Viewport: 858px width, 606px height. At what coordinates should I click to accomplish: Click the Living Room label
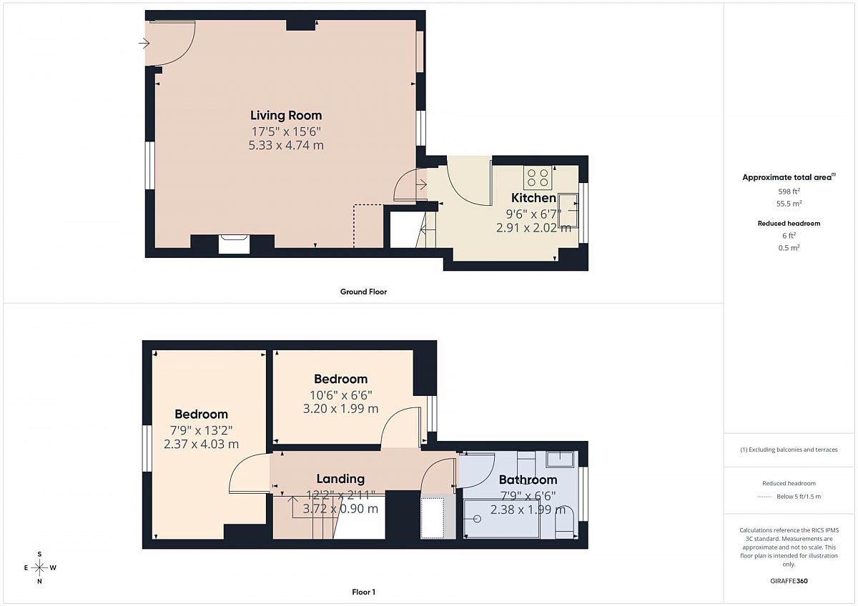click(x=286, y=115)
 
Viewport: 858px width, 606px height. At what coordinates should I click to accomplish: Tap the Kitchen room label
click(x=533, y=198)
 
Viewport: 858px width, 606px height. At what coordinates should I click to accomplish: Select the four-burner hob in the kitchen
click(x=538, y=178)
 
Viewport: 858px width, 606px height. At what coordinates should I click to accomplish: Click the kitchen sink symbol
click(x=568, y=211)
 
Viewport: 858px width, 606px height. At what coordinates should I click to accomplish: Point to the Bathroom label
click(x=528, y=480)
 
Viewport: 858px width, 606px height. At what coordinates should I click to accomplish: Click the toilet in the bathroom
click(x=565, y=522)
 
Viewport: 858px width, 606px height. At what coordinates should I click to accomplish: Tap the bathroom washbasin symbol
click(x=560, y=460)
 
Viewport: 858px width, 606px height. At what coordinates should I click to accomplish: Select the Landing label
click(x=340, y=479)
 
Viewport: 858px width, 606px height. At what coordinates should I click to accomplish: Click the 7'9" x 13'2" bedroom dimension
click(x=201, y=431)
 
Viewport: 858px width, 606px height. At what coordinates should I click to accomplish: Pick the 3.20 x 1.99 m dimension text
click(x=340, y=409)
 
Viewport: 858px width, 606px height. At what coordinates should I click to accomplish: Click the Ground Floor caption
click(x=363, y=292)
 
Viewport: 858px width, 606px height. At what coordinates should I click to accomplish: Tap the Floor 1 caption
click(x=363, y=592)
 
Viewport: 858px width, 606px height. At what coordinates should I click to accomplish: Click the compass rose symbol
click(x=39, y=567)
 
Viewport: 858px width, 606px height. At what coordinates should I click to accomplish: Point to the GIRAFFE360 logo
click(x=789, y=581)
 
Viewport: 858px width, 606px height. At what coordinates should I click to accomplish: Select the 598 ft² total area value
click(x=789, y=192)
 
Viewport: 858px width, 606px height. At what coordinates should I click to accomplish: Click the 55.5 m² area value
click(x=789, y=204)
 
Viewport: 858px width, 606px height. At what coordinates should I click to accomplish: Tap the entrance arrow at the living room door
click(x=144, y=44)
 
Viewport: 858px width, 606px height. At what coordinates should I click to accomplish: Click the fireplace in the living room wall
click(x=234, y=244)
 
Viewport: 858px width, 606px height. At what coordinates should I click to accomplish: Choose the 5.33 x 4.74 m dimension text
click(x=286, y=146)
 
